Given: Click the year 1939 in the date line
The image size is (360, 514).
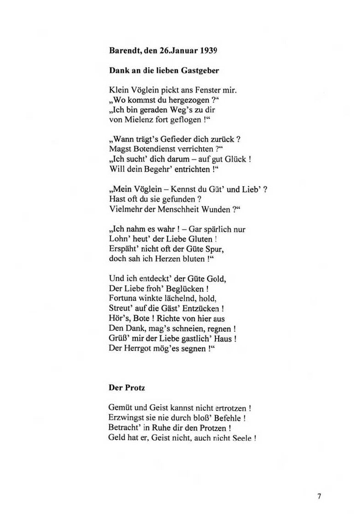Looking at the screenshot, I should [208, 51].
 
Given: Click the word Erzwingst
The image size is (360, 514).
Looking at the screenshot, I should [126, 418].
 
